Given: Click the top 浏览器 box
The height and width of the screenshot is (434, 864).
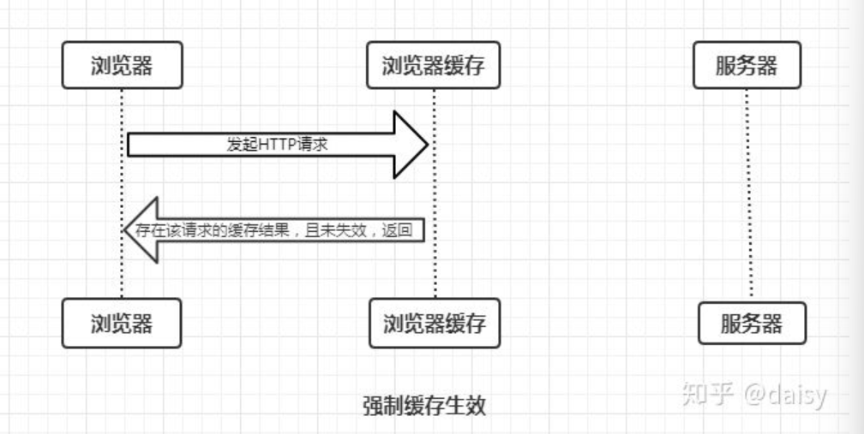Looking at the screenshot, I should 122,66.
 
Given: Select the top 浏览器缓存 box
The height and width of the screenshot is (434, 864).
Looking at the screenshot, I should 433,66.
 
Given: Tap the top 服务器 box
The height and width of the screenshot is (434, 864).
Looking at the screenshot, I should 747,66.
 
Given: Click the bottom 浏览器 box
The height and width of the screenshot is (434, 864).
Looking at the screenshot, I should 122,323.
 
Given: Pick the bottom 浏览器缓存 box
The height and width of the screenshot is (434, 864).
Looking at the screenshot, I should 435,323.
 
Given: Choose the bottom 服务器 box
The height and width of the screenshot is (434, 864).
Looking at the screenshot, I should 751,323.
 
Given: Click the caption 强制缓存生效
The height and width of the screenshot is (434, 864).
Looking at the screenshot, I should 423,404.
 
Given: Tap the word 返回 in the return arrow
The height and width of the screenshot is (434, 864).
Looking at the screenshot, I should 404,231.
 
